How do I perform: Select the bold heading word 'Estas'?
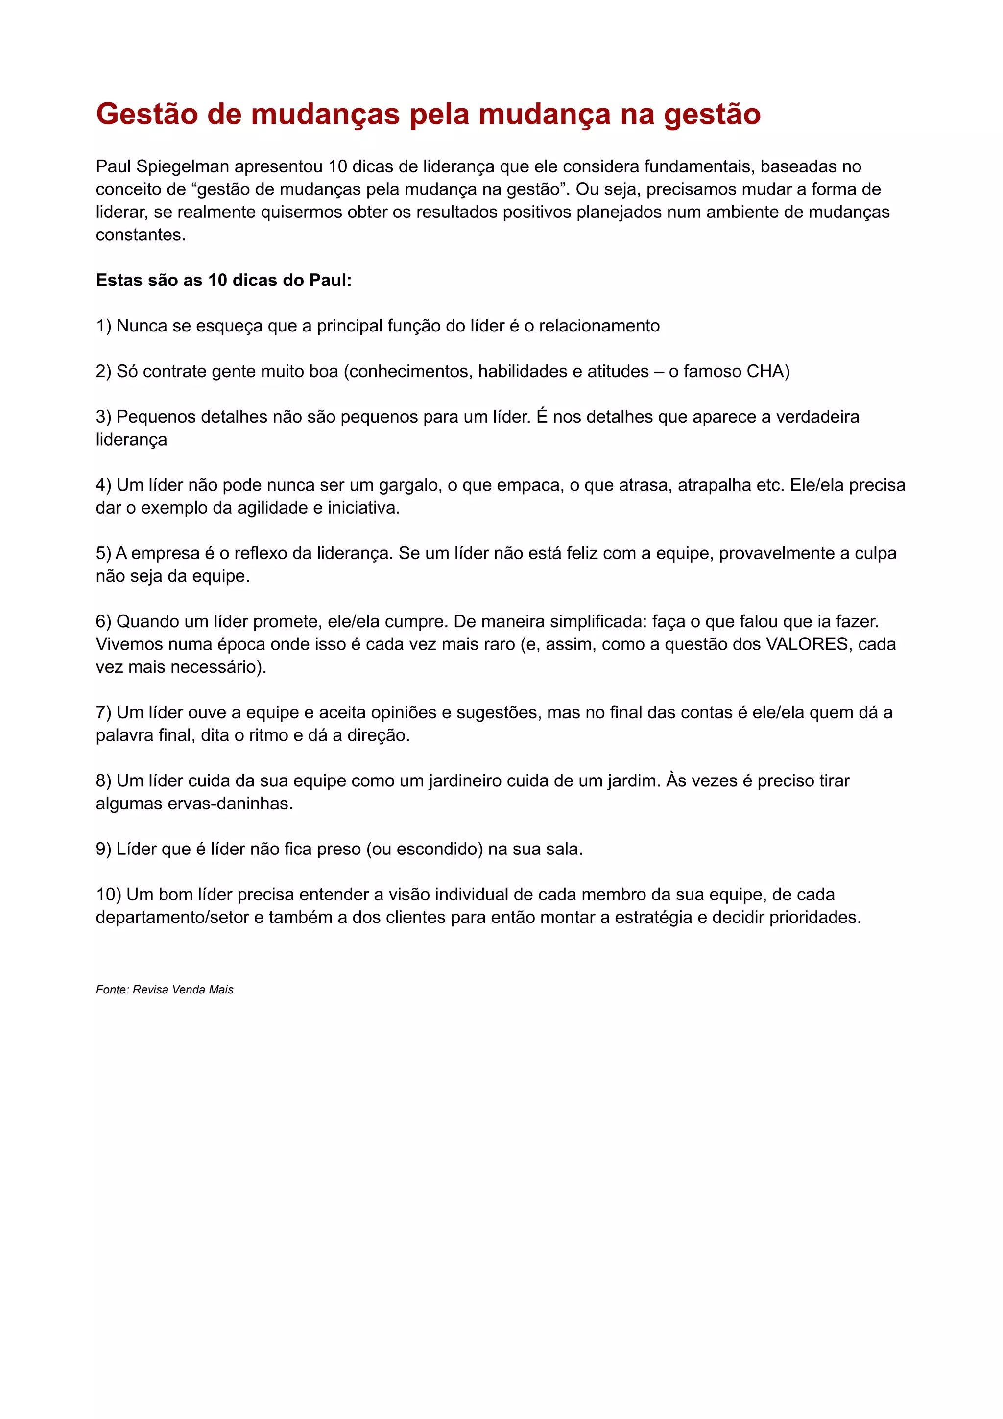[x=118, y=281]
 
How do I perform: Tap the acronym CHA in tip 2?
[x=767, y=372]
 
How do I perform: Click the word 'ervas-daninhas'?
[x=230, y=804]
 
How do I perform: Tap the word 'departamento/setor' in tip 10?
[x=172, y=918]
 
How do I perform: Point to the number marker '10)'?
[x=109, y=895]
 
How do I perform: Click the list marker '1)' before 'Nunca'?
[x=104, y=326]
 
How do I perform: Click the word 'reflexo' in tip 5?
[x=260, y=554]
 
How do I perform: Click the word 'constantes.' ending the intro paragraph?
[x=141, y=236]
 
